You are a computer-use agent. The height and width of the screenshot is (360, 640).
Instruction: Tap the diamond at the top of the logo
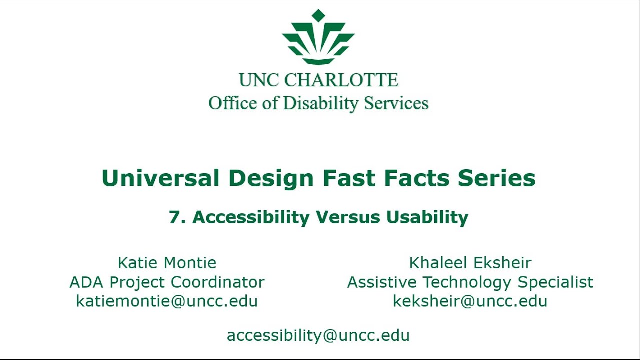coord(318,15)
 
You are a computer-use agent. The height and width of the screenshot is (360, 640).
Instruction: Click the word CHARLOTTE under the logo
coord(341,80)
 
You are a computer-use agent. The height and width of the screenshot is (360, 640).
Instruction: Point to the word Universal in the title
coord(160,178)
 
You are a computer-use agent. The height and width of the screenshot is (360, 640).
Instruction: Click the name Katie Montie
coord(167,263)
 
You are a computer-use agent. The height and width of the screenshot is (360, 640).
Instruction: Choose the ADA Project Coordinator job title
coord(167,282)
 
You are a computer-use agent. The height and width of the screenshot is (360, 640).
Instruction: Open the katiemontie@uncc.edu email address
coord(167,301)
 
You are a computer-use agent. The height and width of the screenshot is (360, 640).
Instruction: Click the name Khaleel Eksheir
coord(470,263)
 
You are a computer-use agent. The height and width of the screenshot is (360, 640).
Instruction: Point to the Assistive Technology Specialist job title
coord(470,282)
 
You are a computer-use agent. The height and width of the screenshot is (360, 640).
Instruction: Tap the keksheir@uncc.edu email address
coord(470,301)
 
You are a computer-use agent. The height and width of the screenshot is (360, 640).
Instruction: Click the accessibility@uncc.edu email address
coord(318,335)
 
